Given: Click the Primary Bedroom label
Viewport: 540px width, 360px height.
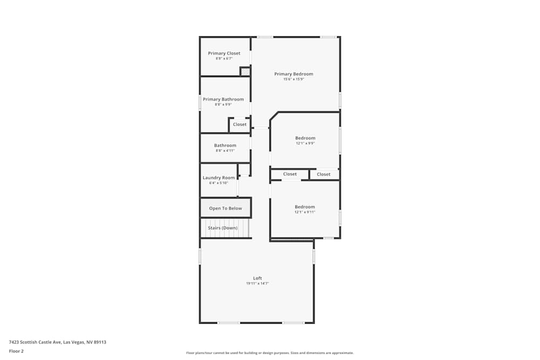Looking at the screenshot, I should click(293, 74).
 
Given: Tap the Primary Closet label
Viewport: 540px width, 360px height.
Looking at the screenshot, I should click(224, 53).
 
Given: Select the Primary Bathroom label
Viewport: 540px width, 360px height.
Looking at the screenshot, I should click(223, 99).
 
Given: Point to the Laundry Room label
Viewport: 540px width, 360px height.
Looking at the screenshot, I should click(219, 178).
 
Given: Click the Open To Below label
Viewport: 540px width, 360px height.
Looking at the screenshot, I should click(226, 208).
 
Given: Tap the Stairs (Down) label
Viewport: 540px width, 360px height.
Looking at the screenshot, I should click(222, 228).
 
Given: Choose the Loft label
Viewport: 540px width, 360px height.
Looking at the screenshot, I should click(258, 278).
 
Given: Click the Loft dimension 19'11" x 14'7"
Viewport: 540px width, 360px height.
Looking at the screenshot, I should click(258, 283).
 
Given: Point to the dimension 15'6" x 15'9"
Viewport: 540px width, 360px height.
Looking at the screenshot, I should click(294, 79).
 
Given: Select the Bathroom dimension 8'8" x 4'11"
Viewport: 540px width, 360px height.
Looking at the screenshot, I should click(225, 151).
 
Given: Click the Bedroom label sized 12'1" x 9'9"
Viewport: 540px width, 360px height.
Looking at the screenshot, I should click(305, 138).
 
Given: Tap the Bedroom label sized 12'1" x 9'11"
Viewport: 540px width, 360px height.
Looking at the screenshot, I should click(305, 207).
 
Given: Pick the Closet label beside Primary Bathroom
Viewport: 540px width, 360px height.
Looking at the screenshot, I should click(240, 125).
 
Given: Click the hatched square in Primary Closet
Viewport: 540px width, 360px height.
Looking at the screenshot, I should click(245, 71).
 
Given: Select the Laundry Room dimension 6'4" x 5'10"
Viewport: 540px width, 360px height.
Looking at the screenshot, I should click(219, 183).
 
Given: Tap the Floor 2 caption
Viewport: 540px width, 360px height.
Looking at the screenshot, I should click(16, 351).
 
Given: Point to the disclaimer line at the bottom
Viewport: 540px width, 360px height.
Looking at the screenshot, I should click(270, 353).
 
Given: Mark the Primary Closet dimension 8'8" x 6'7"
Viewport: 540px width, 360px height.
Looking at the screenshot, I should click(224, 58).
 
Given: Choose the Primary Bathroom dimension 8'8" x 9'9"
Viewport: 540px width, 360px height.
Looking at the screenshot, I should click(223, 104).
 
